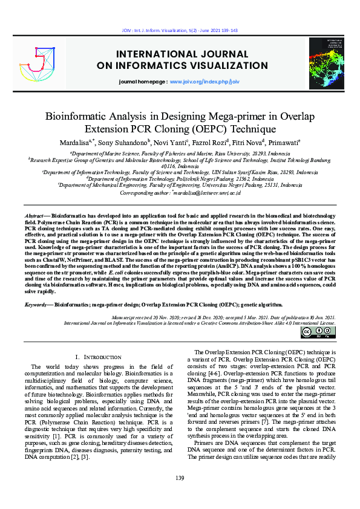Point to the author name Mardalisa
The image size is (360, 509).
click(x=72, y=143)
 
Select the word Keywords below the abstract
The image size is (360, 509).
click(x=36, y=306)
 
